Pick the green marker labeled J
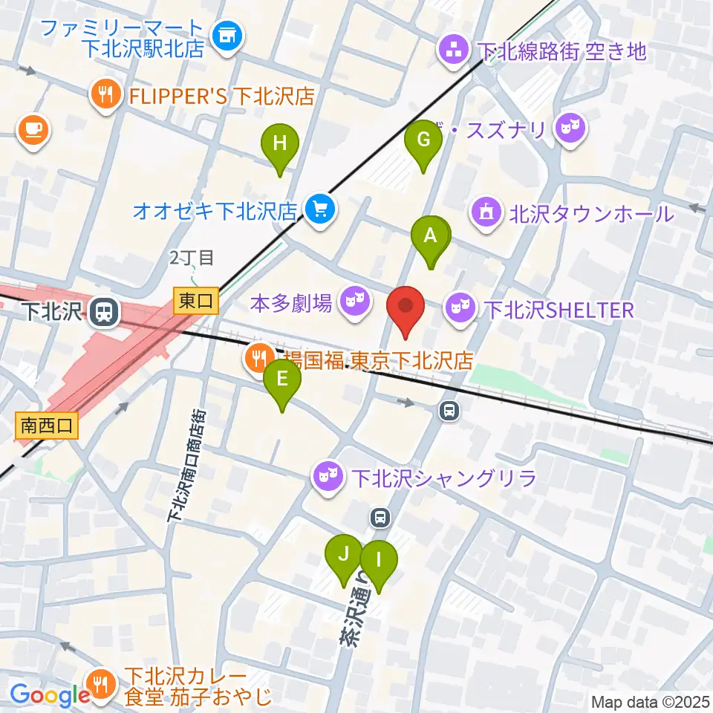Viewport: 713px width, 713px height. [344, 556]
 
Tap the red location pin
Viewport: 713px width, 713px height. [406, 307]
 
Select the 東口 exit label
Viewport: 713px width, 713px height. [196, 301]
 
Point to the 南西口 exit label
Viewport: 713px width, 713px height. [46, 426]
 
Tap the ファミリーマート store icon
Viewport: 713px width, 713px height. [227, 35]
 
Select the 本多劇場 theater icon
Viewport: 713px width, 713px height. [354, 302]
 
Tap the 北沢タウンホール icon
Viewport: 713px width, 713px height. [486, 214]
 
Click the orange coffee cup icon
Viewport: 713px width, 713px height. [33, 129]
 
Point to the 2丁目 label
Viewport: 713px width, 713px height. [192, 258]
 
